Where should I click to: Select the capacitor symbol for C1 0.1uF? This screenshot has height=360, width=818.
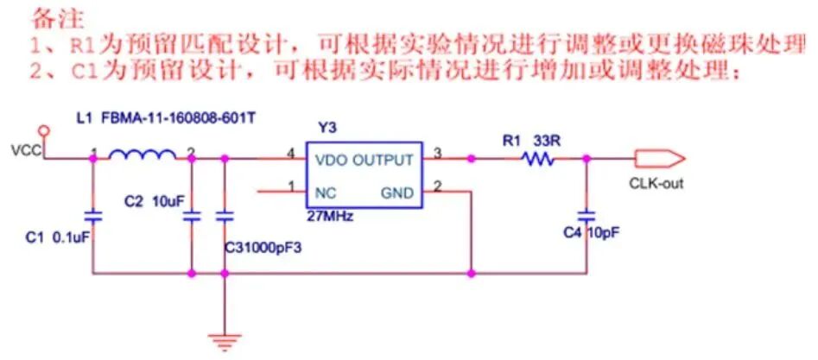91,212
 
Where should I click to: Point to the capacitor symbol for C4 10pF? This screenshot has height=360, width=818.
587,212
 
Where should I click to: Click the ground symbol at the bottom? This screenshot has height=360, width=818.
224,342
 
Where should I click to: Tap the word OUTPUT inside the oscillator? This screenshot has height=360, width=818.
383,160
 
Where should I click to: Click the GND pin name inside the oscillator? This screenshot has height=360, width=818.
397,192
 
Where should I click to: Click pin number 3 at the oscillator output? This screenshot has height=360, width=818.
438,153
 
